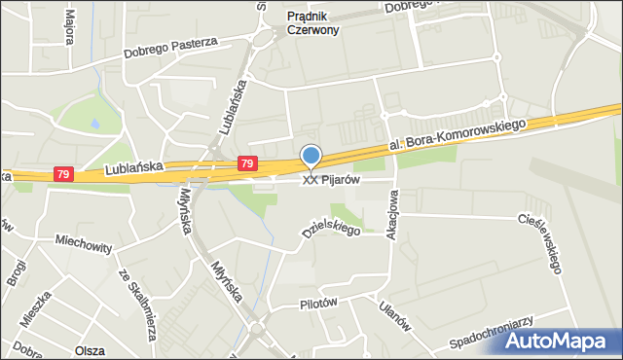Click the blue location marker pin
(x=311, y=157)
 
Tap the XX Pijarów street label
(x=332, y=180)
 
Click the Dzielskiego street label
(x=330, y=226)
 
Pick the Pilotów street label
(x=317, y=303)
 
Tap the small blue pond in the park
(x=95, y=125)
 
